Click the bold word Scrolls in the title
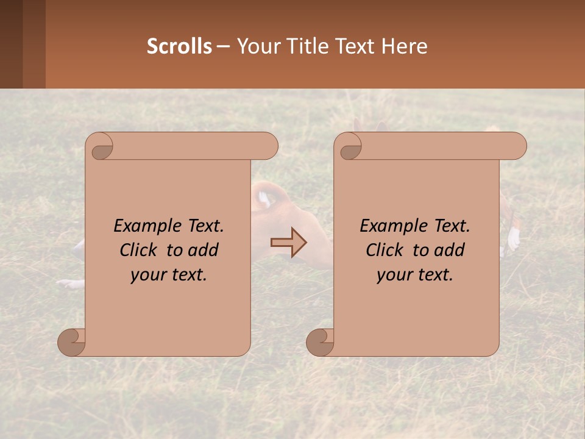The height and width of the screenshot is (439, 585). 179,46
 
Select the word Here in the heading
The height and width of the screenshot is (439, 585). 404,46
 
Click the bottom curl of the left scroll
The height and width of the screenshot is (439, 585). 72,341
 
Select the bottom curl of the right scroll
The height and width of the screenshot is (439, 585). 321,341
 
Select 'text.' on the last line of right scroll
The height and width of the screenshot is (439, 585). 436,275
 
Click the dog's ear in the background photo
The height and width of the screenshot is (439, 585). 264,198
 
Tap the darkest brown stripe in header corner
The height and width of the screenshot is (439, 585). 11,44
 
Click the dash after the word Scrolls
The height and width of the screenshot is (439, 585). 223,47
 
